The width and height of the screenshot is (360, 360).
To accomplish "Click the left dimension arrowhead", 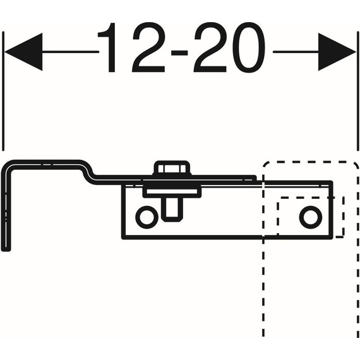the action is coord(23,52).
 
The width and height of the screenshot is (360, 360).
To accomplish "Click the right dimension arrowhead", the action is coord(337,52).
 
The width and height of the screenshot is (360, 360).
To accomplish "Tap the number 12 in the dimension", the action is coord(131,47).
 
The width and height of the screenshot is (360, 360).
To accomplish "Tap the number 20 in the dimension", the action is coord(229,47).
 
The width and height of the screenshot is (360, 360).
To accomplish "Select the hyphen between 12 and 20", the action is coord(179,53).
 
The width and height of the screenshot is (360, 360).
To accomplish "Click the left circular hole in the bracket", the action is coord(147,217).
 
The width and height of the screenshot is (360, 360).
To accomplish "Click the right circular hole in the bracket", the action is coord(311,217).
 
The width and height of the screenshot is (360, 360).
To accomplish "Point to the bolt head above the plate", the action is coord(172,168).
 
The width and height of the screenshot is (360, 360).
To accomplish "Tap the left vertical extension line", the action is coord(3,91).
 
